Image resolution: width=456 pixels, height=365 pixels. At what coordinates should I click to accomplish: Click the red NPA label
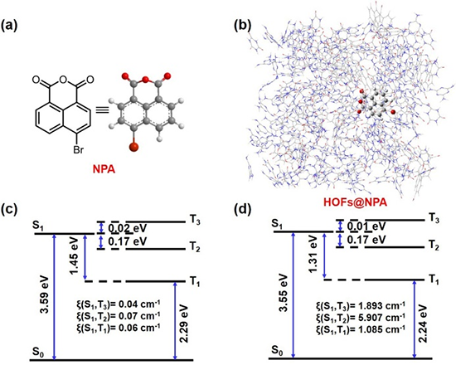(104, 169)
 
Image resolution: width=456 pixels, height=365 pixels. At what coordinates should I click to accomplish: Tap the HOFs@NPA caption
(355, 202)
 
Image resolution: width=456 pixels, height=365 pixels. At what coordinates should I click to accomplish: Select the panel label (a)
(9, 26)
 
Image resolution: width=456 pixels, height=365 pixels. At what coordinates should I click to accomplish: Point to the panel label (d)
(243, 210)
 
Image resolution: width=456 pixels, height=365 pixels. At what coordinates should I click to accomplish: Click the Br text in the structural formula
(78, 150)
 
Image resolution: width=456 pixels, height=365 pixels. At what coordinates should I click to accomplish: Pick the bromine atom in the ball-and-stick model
(133, 148)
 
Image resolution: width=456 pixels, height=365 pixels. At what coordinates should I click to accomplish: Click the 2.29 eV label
(184, 323)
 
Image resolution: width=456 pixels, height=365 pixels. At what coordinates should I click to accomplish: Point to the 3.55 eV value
(284, 293)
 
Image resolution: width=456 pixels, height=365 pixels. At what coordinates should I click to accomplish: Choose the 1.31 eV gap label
(313, 255)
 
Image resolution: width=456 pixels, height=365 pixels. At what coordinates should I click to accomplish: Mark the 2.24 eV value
(424, 323)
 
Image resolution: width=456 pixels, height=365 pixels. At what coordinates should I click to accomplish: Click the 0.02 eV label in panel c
(128, 228)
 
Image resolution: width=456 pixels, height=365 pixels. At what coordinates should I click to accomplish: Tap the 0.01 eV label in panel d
(366, 226)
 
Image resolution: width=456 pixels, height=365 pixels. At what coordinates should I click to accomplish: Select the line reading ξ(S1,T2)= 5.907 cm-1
(361, 317)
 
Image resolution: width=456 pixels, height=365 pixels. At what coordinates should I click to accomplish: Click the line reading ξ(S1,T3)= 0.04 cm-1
(118, 304)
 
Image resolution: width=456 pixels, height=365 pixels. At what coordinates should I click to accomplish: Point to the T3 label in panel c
(195, 221)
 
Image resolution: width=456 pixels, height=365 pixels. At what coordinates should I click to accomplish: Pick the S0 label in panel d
(277, 350)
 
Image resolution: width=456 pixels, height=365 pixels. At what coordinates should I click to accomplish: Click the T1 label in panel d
(434, 280)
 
